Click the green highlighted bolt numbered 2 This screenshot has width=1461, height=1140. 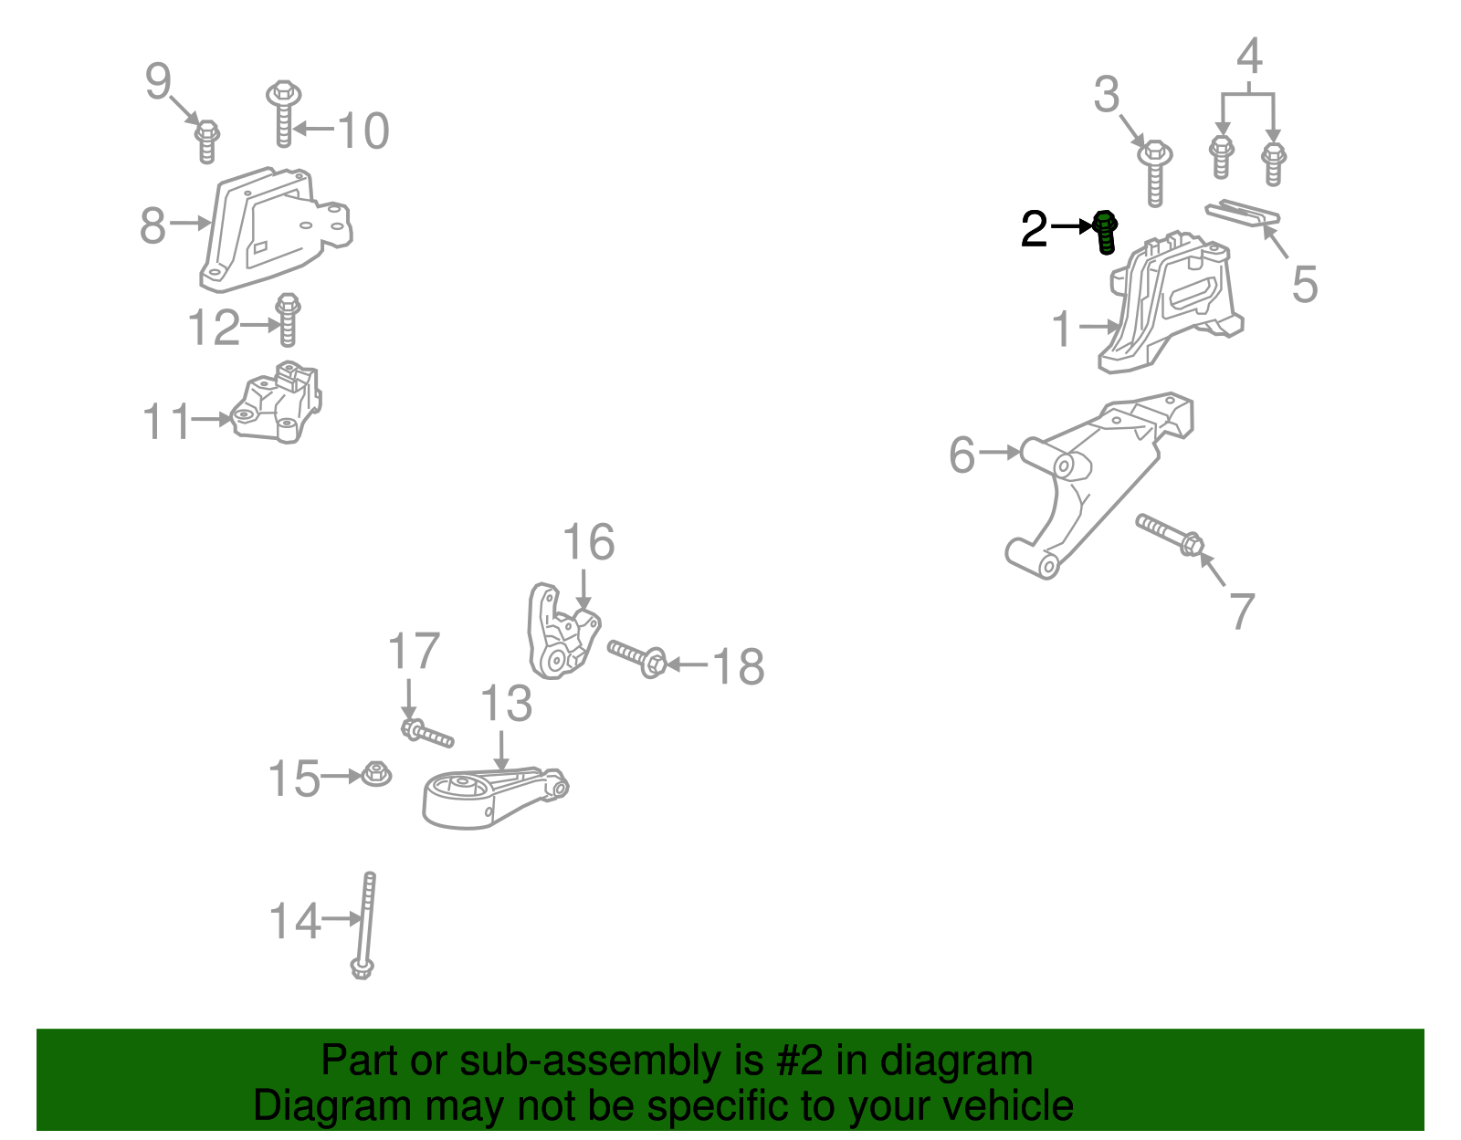1105,232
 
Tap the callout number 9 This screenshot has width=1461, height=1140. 159,81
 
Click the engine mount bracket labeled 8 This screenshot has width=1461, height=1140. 276,230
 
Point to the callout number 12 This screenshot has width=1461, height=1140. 213,327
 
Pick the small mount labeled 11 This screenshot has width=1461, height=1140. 277,403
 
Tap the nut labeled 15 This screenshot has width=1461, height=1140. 376,774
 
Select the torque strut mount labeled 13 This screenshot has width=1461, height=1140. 495,800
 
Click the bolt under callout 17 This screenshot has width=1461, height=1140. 427,733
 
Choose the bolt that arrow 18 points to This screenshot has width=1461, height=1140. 637,658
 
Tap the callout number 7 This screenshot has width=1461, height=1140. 1243,611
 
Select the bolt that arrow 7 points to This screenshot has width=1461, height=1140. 1170,535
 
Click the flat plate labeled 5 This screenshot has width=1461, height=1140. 1243,213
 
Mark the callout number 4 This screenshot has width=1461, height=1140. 1249,56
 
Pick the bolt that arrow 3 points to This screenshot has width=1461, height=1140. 1155,172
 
